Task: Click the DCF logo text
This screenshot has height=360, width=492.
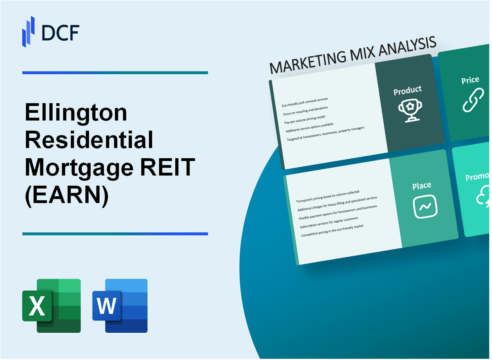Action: point(60,33)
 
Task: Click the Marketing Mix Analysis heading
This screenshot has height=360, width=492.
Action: point(353,55)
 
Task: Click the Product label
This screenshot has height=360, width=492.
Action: point(407,90)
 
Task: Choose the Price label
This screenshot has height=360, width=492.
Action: point(470,80)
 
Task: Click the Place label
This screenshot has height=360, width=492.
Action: point(422,185)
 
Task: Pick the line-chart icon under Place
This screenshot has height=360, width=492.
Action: point(425,207)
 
